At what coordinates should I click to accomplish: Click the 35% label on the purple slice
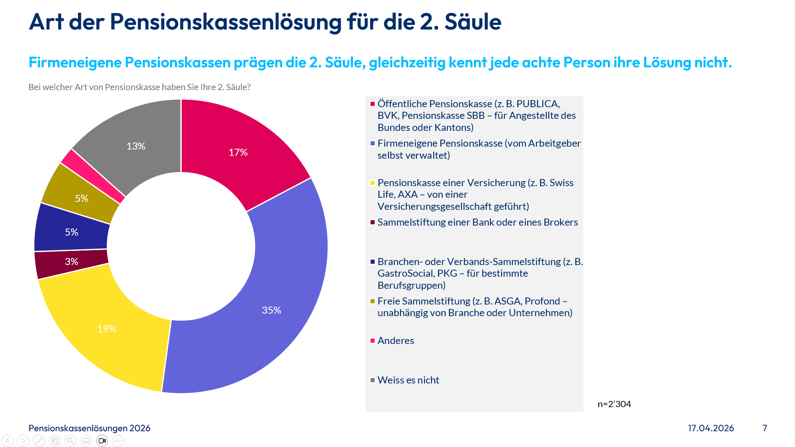271,310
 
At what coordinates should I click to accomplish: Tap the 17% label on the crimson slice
238,152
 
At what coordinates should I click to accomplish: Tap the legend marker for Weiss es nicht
373,380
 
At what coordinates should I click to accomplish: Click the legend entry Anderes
395,341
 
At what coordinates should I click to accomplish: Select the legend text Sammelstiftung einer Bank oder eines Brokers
477,222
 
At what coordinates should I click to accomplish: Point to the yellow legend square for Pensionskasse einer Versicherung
373,183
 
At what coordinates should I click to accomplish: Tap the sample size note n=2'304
614,404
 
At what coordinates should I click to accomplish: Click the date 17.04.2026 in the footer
711,428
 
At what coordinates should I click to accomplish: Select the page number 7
765,428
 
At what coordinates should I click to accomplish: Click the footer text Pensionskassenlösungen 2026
89,428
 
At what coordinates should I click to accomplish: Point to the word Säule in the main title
473,22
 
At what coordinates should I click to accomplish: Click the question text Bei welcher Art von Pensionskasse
139,87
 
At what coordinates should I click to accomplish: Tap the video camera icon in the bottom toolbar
102,441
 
